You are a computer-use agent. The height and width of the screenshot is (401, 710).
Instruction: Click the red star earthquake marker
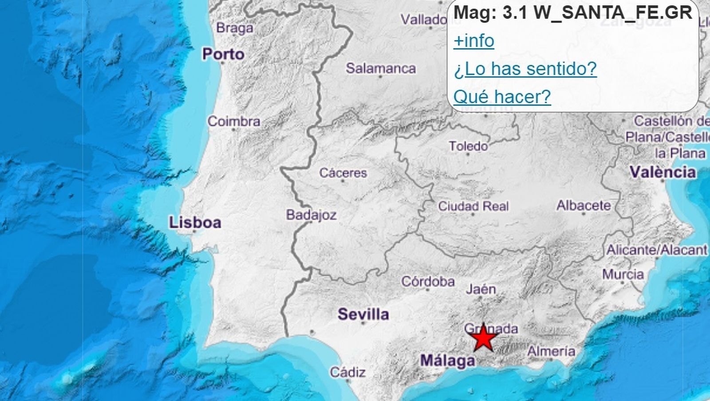(483, 339)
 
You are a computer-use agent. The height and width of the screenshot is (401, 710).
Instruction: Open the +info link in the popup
(473, 41)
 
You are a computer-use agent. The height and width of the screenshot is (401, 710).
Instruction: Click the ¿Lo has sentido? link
(525, 69)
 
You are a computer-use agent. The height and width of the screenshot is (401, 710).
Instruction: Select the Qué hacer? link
(502, 96)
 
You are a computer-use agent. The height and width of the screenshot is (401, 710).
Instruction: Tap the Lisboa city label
(195, 222)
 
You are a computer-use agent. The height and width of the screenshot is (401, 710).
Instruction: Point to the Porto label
(223, 54)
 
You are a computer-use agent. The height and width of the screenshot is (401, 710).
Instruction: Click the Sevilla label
(363, 314)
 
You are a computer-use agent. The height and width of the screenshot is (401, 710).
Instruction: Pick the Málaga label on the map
(447, 360)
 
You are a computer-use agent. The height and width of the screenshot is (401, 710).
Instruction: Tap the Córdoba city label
(428, 281)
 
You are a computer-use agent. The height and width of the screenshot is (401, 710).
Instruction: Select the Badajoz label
(311, 215)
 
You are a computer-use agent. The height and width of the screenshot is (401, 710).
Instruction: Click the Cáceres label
(343, 173)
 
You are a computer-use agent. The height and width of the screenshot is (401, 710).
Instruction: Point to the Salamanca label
(381, 68)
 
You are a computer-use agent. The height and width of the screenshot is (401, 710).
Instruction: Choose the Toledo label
(468, 146)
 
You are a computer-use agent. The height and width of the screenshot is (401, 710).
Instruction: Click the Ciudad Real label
(473, 206)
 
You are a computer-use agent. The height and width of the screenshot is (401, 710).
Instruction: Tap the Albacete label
(584, 205)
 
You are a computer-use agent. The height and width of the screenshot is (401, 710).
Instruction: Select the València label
(663, 172)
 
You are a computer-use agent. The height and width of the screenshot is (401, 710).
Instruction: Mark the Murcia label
(623, 274)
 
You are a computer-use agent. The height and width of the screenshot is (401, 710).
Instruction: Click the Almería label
(551, 351)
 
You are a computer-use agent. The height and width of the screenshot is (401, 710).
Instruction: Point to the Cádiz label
(347, 372)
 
